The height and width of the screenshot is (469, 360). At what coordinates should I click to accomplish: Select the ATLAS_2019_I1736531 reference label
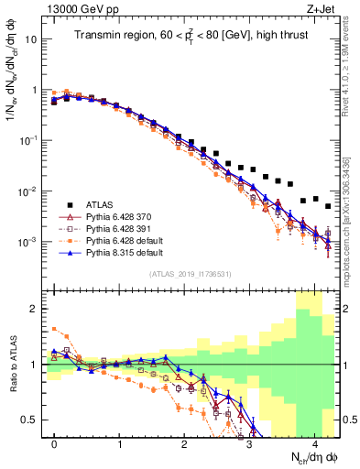(x=190, y=274)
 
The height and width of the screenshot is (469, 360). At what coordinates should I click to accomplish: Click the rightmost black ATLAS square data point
(x=328, y=207)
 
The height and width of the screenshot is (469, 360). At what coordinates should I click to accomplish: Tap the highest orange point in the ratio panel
(x=55, y=329)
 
